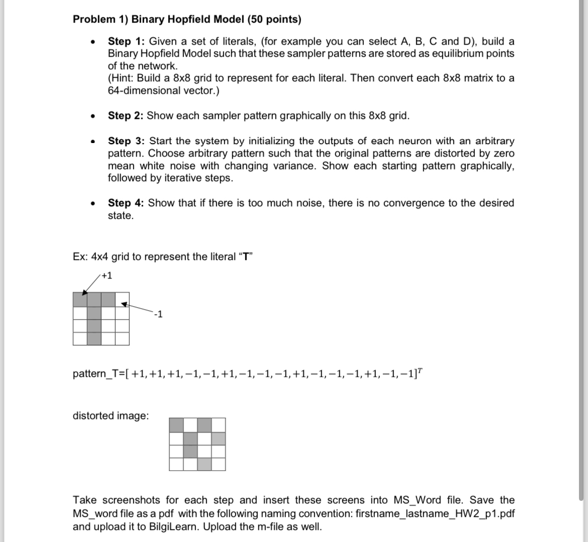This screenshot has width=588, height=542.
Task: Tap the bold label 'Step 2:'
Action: click(x=126, y=116)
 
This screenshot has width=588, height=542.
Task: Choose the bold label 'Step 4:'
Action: click(x=126, y=203)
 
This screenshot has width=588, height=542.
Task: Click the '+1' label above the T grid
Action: click(x=107, y=276)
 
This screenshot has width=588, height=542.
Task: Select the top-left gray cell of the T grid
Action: click(x=80, y=300)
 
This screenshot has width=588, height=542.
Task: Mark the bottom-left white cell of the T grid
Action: click(x=80, y=339)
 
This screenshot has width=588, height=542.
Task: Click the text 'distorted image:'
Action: click(x=111, y=416)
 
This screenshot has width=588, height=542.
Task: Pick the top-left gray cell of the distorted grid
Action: click(x=176, y=425)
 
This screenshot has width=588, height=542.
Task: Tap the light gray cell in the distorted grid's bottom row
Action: click(x=204, y=464)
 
